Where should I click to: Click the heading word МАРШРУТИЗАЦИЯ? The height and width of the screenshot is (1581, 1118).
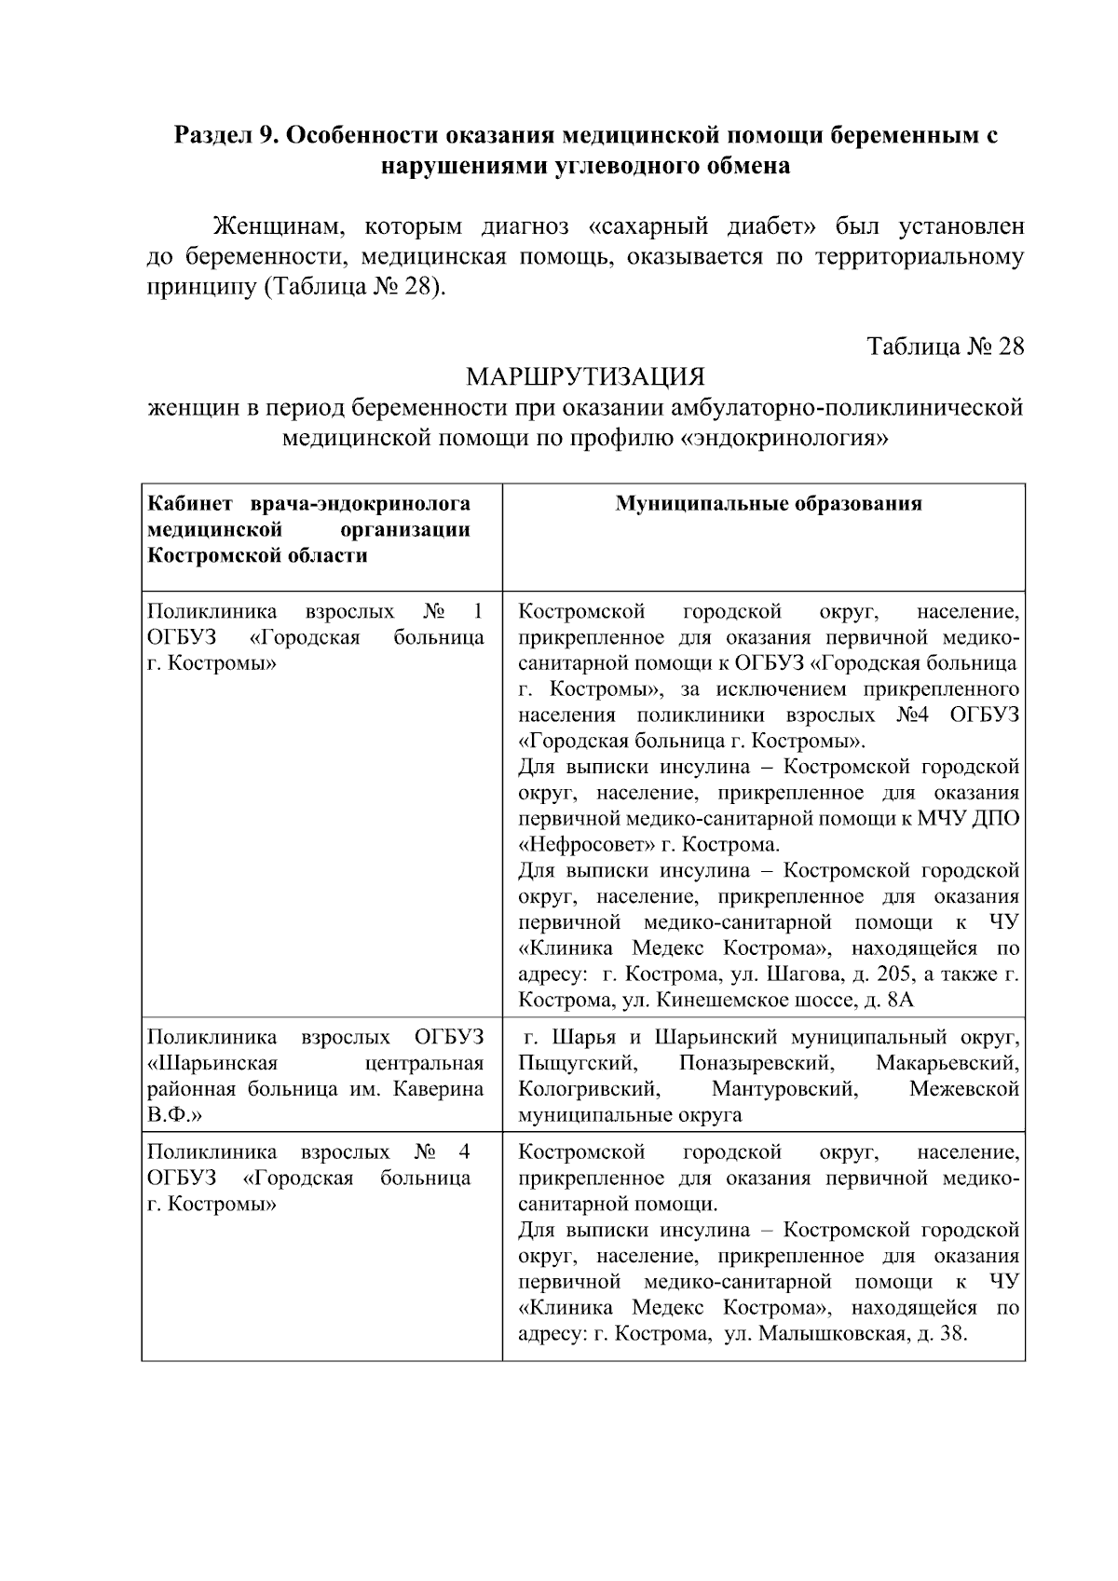(x=585, y=377)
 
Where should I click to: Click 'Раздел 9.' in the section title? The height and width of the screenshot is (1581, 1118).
(x=224, y=136)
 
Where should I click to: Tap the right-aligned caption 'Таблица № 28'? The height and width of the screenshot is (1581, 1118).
(x=946, y=347)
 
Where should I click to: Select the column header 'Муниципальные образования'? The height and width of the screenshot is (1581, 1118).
(x=769, y=504)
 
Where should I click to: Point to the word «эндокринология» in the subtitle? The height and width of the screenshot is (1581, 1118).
(x=782, y=437)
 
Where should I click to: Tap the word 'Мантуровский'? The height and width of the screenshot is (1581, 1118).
(x=784, y=1089)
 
